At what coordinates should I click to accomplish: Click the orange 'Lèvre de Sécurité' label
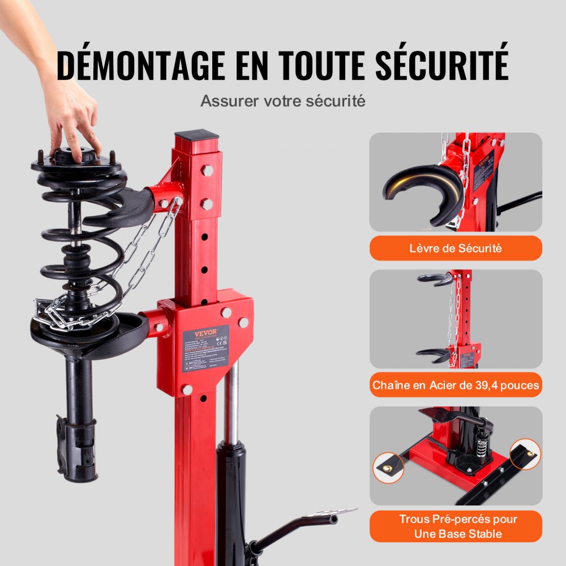click(456, 248)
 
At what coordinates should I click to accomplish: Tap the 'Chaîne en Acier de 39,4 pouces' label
click(456, 385)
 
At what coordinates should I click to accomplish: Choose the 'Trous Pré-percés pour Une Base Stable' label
click(456, 526)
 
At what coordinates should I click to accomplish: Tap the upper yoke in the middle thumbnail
click(435, 278)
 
